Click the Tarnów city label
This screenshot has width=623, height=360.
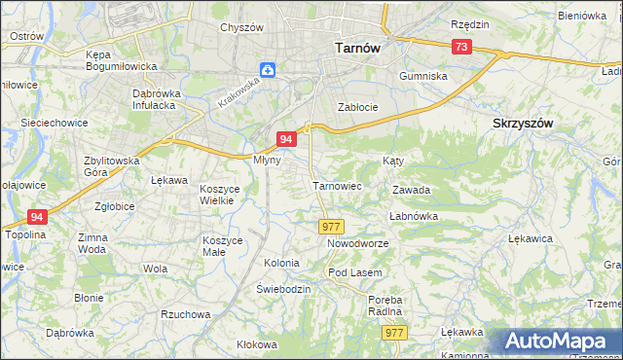click(x=355, y=47)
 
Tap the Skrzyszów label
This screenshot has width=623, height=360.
click(x=523, y=124)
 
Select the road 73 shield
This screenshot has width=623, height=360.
click(x=461, y=47)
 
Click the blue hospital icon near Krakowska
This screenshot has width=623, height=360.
click(x=268, y=70)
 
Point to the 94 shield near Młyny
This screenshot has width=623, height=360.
click(x=286, y=139)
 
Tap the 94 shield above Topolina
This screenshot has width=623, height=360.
click(x=37, y=217)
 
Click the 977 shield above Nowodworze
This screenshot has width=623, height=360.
click(x=330, y=226)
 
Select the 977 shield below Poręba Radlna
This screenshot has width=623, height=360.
click(x=393, y=333)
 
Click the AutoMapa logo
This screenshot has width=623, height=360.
click(x=561, y=342)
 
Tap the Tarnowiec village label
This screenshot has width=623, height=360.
click(x=337, y=185)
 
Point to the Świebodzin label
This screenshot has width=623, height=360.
click(x=283, y=289)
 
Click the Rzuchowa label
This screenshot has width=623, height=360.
click(x=186, y=314)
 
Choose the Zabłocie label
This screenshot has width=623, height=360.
click(x=356, y=107)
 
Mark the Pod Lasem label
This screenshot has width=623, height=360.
click(x=354, y=271)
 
